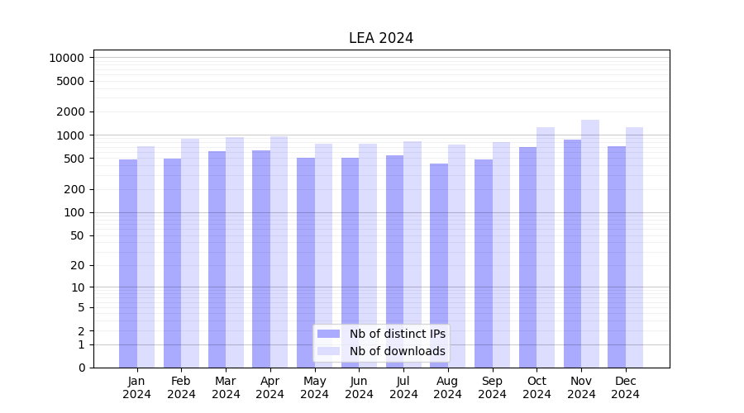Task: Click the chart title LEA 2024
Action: pos(380,38)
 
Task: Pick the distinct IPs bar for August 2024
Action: pos(439,265)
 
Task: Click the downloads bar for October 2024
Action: pos(546,247)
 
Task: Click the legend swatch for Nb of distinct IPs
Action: pos(329,334)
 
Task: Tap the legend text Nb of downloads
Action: pos(398,351)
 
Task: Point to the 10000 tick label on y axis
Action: pos(66,58)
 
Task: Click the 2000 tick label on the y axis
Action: pos(70,112)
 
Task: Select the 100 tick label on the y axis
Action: pos(74,212)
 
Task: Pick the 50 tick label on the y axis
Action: pos(77,235)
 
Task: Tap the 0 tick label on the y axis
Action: pos(81,368)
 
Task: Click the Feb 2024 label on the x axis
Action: pos(181,387)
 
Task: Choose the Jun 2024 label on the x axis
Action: pos(359,387)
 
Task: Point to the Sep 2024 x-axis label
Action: pos(492,387)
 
